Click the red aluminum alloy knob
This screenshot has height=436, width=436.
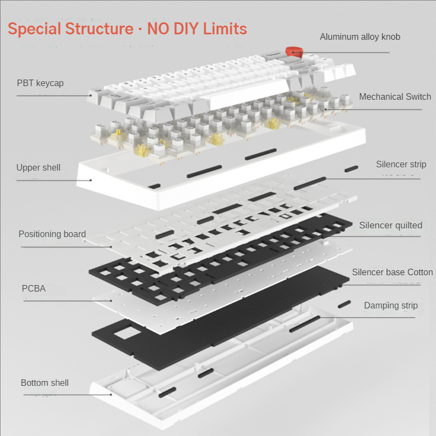(x=295, y=52)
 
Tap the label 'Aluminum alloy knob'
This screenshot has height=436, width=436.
(x=360, y=37)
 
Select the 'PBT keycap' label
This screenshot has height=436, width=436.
(x=40, y=83)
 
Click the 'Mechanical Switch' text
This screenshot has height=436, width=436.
(x=395, y=97)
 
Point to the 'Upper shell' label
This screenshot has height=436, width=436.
(x=38, y=168)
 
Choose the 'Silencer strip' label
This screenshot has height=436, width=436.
(x=401, y=165)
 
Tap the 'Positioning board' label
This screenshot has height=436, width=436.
(x=52, y=234)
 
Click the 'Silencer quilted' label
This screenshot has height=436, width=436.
(x=390, y=225)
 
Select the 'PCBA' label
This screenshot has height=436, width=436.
(x=34, y=288)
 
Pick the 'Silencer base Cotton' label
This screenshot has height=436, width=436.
(x=392, y=272)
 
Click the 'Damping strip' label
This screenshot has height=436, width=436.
(x=391, y=305)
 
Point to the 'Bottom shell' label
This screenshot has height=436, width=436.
(x=45, y=383)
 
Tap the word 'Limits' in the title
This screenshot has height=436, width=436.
(x=225, y=29)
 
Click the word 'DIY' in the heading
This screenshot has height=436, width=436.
(x=183, y=29)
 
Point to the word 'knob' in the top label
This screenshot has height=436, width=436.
(x=390, y=37)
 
